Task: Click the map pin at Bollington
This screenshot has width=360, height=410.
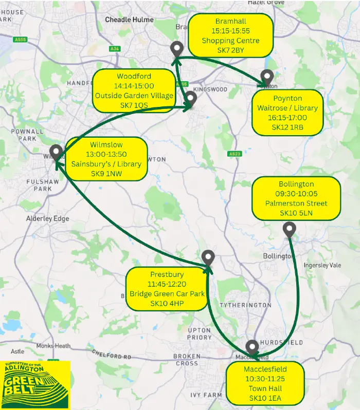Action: pos(290,230)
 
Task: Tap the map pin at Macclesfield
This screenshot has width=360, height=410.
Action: pos(252,347)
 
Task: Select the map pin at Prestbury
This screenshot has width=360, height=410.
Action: pos(208,257)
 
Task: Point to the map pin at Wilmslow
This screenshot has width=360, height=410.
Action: pos(57,152)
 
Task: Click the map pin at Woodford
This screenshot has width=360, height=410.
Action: pos(191,98)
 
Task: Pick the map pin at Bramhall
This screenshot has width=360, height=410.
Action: pos(176,49)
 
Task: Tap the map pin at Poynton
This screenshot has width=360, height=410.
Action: pos(267,77)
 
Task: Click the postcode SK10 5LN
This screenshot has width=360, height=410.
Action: pos(296,213)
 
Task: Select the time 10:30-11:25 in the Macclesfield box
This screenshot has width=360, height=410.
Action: pos(266,379)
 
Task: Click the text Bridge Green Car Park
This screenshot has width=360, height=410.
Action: pos(167,294)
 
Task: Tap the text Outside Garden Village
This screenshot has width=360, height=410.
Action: pos(134,96)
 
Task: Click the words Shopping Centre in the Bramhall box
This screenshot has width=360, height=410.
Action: pos(230,41)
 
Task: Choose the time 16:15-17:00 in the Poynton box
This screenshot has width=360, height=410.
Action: pos(287,118)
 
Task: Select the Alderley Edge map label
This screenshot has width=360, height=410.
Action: pos(47,218)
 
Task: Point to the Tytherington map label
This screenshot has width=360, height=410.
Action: pos(245,305)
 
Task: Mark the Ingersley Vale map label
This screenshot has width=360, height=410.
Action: pos(322,265)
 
